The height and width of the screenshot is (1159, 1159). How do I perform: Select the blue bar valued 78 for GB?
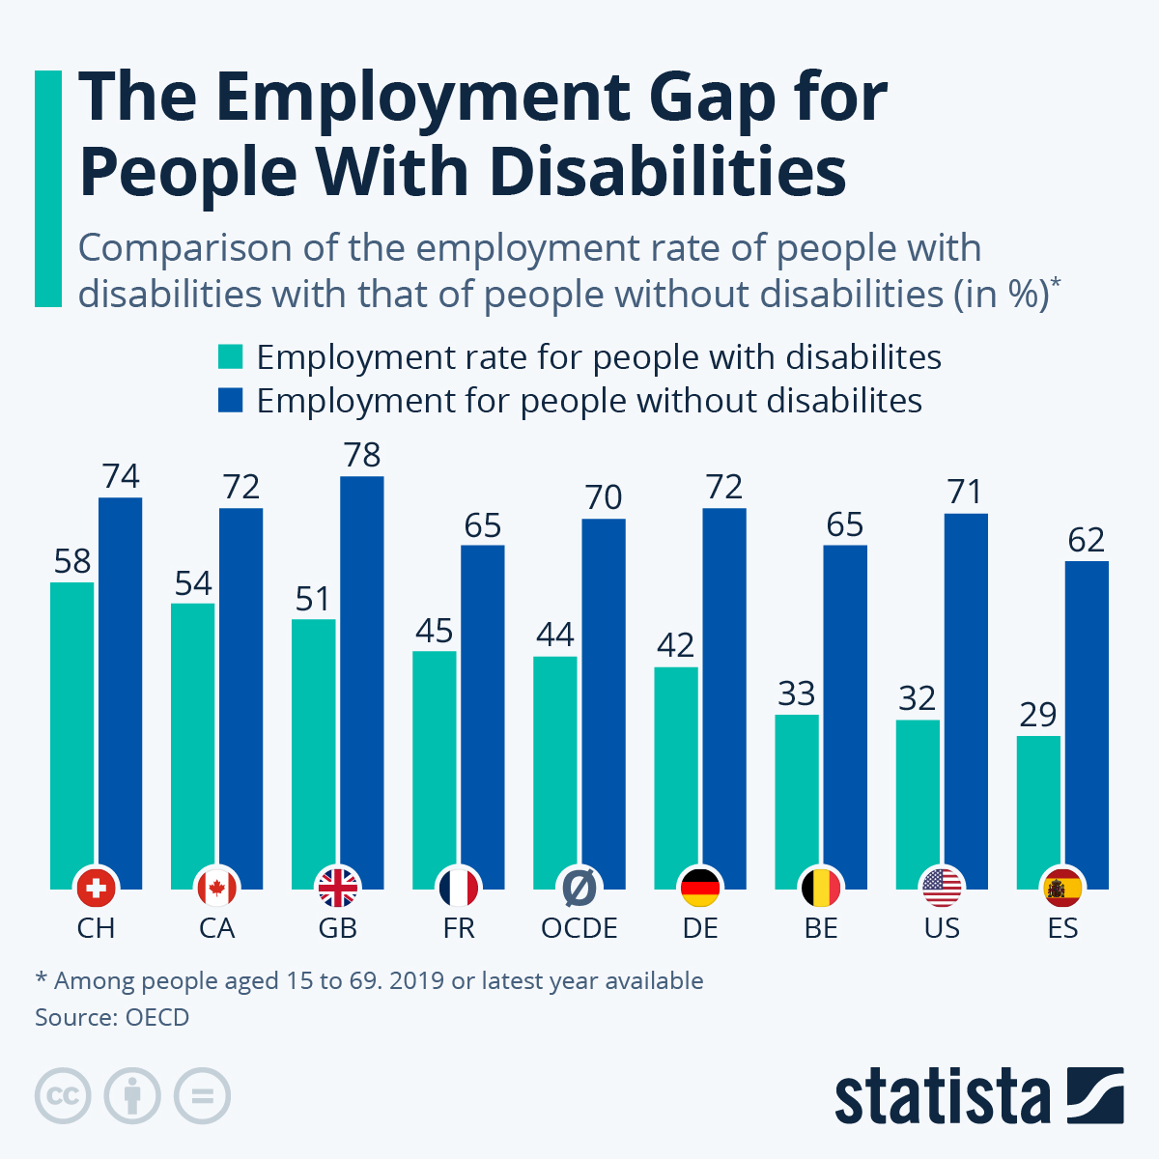coord(361,676)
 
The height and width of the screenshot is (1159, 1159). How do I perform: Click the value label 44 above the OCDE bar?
coord(555,635)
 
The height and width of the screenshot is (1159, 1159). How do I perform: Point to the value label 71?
coord(965,493)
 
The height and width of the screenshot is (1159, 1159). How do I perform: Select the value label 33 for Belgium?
coord(797,693)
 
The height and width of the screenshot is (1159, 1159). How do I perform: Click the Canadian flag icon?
coord(216,887)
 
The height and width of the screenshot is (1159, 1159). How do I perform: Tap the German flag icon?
coord(700,887)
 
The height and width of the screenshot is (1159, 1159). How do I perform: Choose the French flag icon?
coord(458,887)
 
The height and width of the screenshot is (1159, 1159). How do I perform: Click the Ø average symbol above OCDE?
coord(579,885)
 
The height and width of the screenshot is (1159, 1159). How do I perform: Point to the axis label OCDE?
coord(579,928)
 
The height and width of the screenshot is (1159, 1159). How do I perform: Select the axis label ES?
coord(1062,928)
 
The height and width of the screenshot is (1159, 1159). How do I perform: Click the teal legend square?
coord(231,356)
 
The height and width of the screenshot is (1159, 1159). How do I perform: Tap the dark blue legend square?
coord(231,400)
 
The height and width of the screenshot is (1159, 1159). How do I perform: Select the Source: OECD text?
coord(112,1017)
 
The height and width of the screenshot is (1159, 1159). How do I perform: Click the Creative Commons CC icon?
coord(63,1096)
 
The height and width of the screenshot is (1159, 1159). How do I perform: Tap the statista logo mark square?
coord(1095,1095)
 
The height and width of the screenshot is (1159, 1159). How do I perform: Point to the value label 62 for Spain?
coord(1087,540)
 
